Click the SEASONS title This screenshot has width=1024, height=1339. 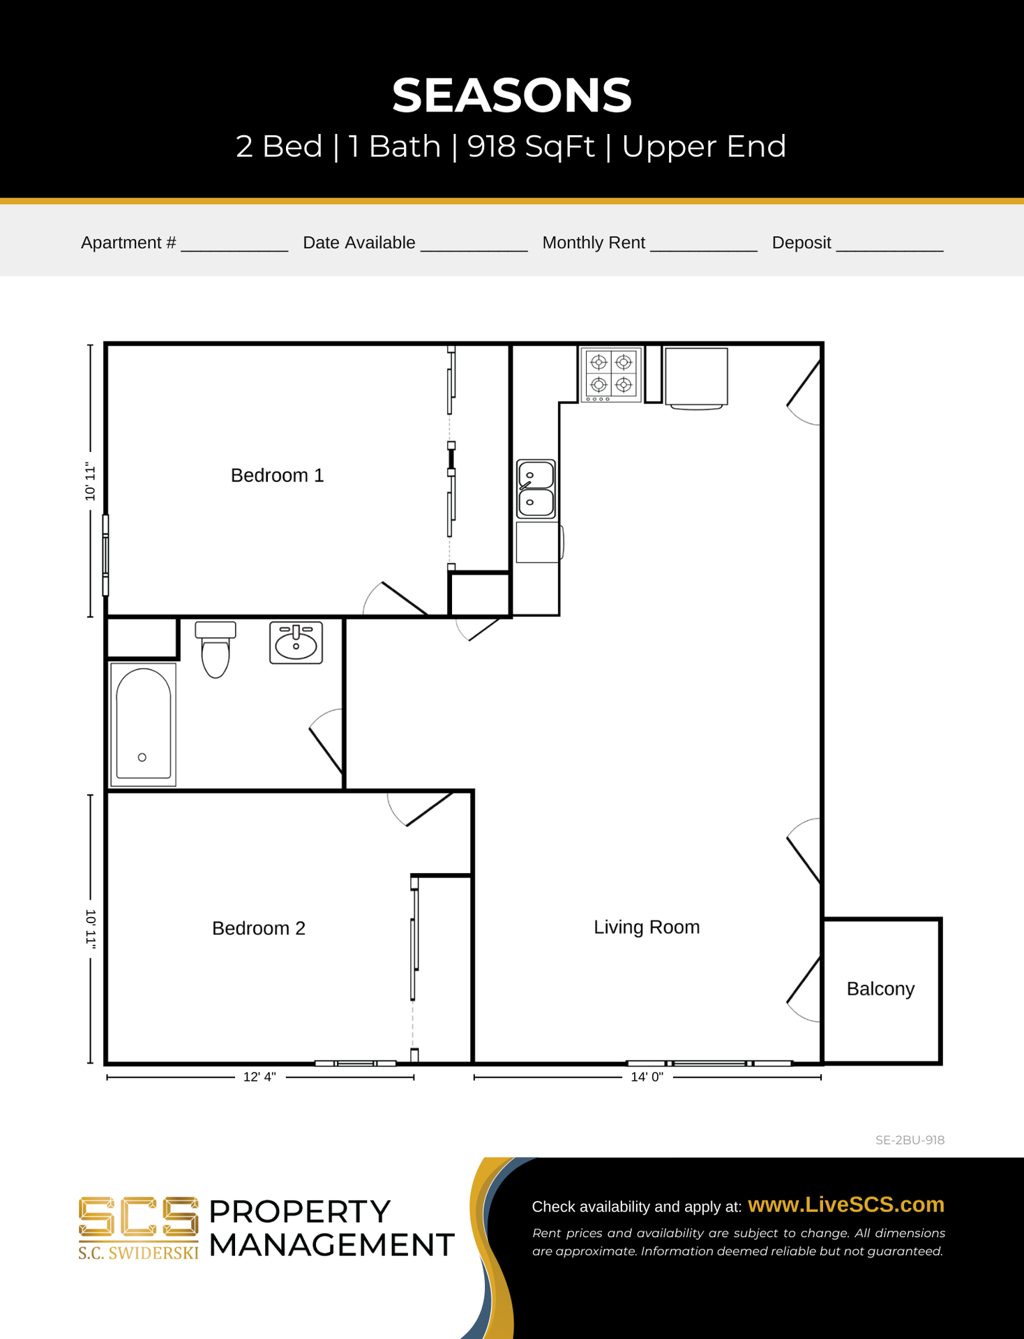[x=511, y=96]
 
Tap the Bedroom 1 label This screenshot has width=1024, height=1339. [x=277, y=476]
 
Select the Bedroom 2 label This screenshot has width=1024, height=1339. [x=258, y=928]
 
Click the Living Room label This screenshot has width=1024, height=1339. [x=646, y=927]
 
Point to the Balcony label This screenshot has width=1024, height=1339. [x=880, y=989]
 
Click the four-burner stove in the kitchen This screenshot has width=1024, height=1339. [x=611, y=375]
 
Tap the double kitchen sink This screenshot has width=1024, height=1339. [x=536, y=489]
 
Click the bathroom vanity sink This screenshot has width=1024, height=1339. [x=296, y=642]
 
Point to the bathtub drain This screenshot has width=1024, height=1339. [x=142, y=757]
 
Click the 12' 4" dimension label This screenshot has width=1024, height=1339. [x=259, y=1077]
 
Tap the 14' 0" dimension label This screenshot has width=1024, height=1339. [x=647, y=1077]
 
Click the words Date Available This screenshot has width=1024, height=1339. [x=359, y=243]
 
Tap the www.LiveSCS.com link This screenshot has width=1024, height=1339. [x=845, y=1204]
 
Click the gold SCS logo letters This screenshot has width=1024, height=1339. [x=138, y=1218]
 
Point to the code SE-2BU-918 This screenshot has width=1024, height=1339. [x=910, y=1140]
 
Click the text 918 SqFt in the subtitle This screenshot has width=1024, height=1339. [x=531, y=146]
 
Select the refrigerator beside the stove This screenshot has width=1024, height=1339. [x=696, y=377]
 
